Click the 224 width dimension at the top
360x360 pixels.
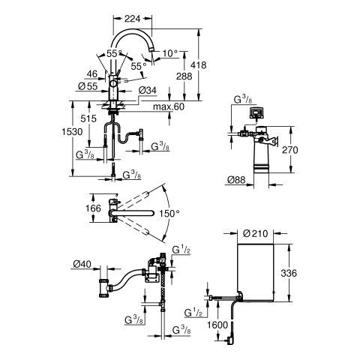[133, 19]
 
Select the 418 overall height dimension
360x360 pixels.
[199, 65]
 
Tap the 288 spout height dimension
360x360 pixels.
[184, 76]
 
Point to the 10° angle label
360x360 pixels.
[170, 53]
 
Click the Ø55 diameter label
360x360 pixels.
[88, 86]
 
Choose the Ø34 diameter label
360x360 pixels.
[147, 90]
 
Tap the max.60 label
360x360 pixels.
[169, 106]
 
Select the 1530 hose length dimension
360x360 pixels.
[72, 132]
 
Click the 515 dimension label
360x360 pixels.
[88, 118]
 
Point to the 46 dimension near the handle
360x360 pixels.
[92, 74]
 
